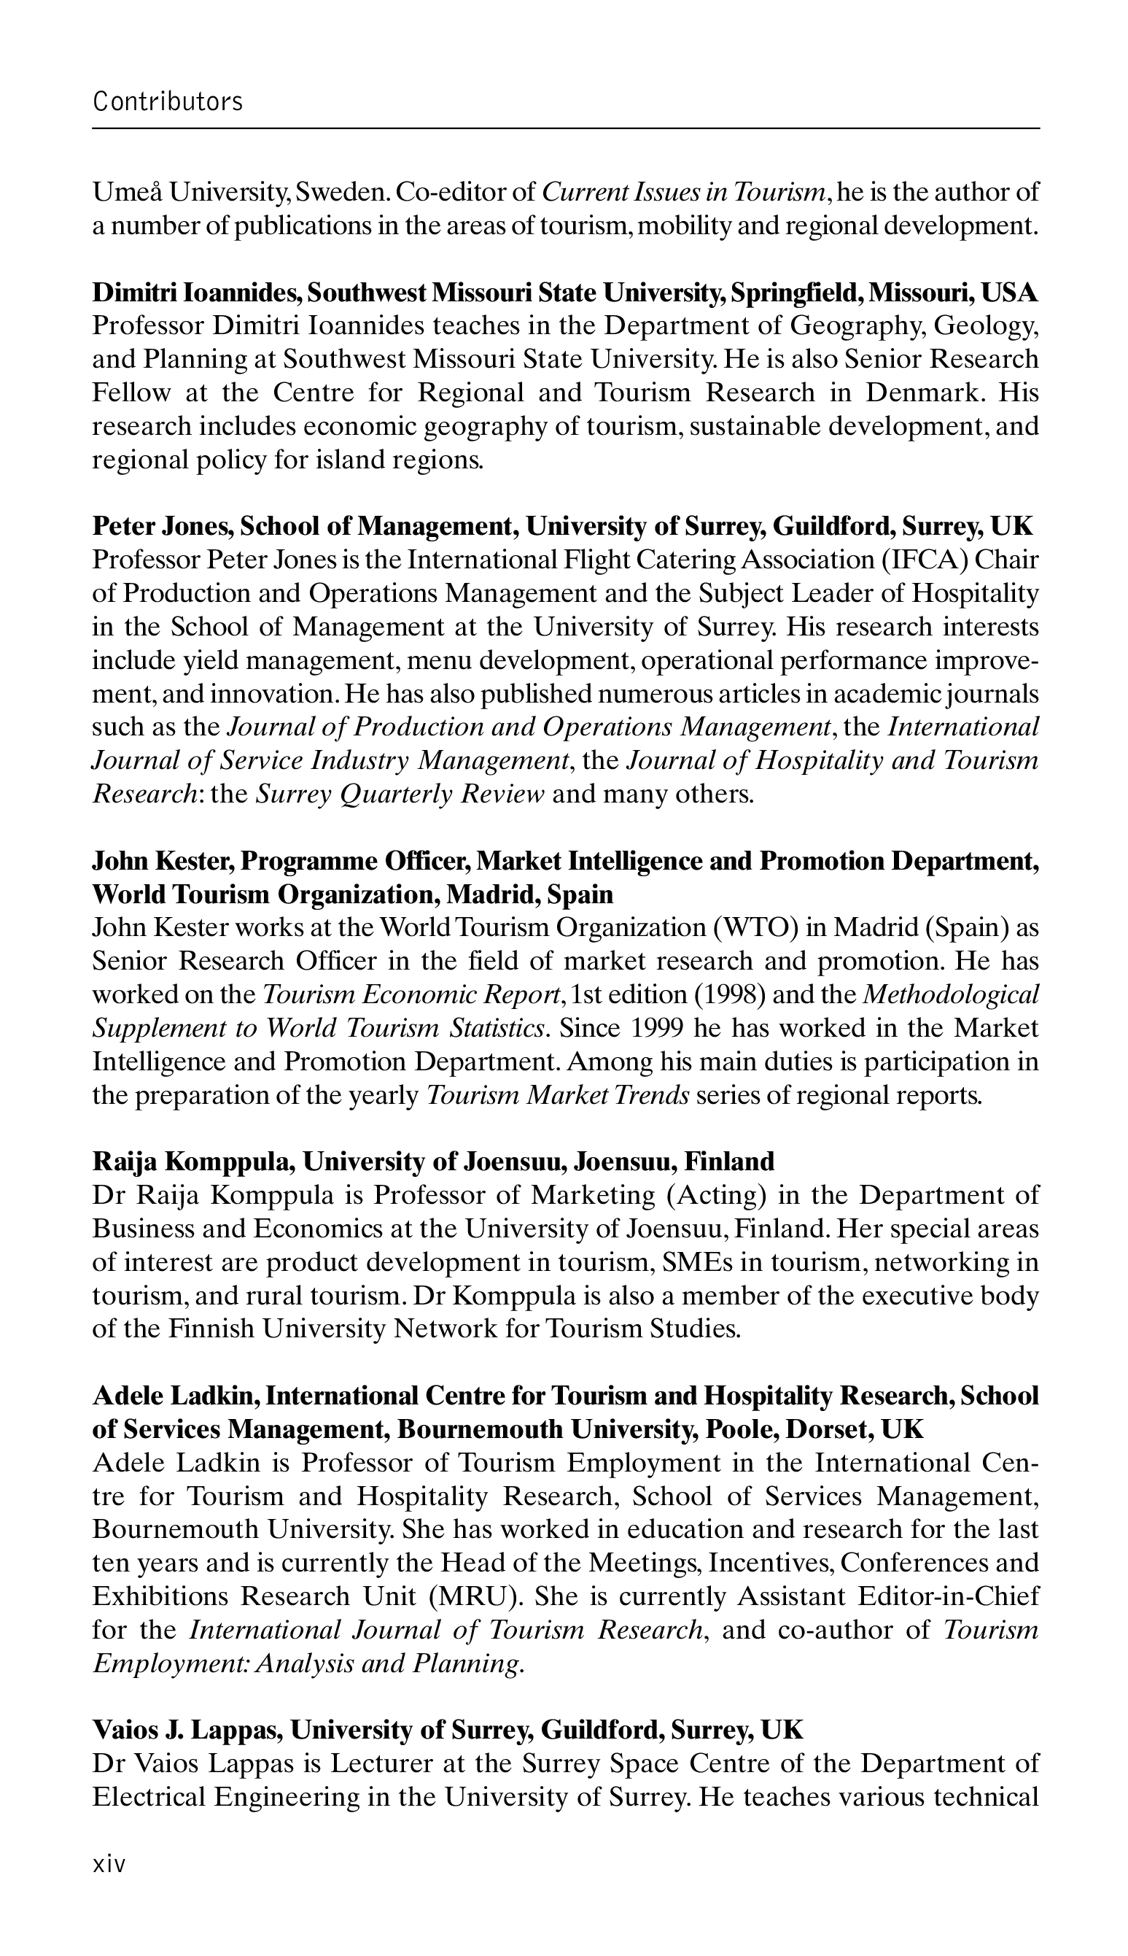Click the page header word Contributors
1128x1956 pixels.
pos(168,101)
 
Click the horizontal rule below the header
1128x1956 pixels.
pos(566,128)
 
